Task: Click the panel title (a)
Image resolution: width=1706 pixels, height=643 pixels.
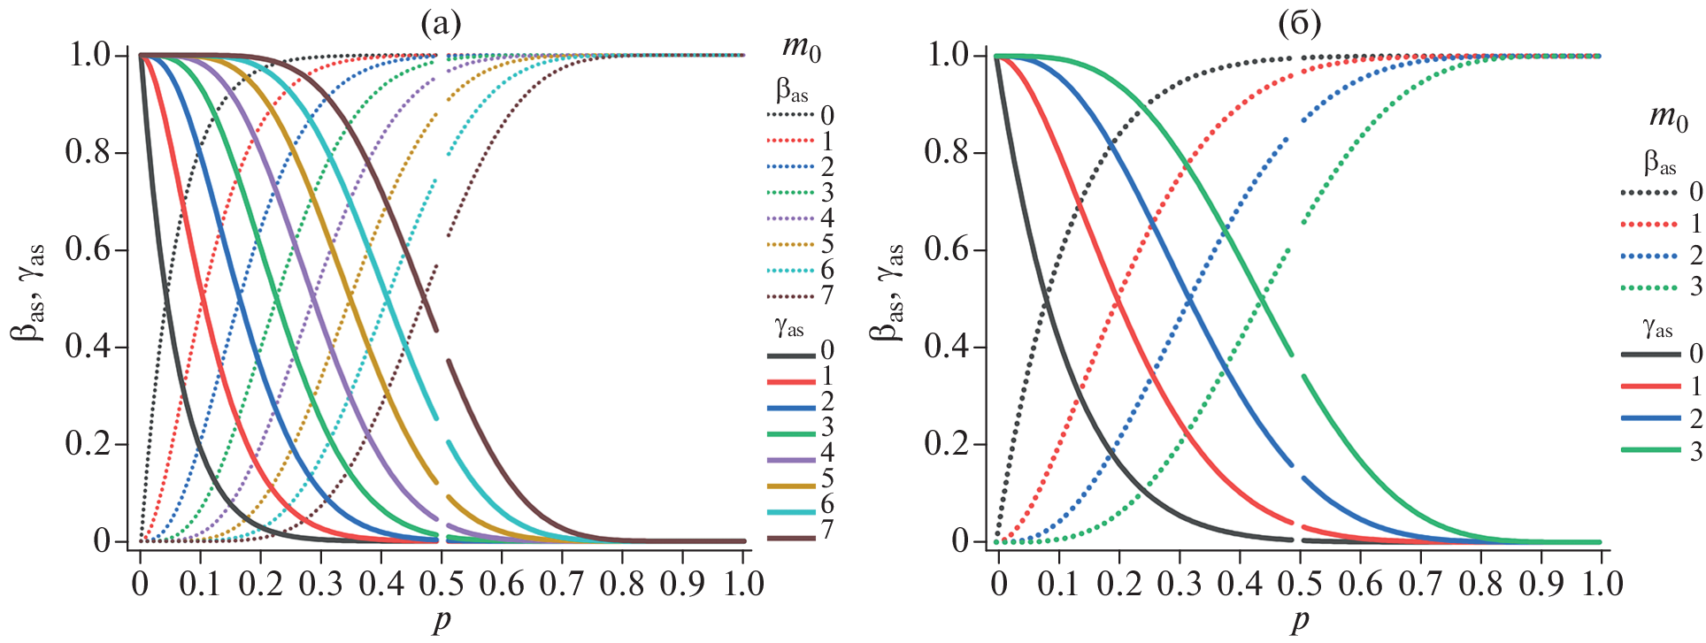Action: (441, 25)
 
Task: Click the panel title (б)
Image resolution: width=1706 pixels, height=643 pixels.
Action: (1299, 25)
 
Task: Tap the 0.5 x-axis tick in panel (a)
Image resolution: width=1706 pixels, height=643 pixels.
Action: (442, 584)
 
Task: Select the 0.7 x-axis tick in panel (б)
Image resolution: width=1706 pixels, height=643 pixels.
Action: (1420, 584)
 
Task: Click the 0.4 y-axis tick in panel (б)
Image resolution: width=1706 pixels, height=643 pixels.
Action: (948, 347)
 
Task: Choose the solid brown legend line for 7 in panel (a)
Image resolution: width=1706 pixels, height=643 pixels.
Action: (790, 538)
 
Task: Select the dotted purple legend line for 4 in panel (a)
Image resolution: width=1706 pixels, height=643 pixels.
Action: (790, 218)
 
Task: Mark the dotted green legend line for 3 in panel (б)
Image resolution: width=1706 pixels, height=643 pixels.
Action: (1648, 287)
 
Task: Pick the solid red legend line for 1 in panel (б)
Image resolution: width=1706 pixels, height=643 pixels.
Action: (1650, 387)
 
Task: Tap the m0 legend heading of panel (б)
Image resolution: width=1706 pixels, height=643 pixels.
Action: (1668, 118)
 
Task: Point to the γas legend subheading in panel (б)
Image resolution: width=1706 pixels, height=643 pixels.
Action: (1657, 328)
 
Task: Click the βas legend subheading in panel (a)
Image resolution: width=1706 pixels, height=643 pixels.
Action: (792, 90)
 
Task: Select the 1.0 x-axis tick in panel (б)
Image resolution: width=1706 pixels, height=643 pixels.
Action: (1602, 584)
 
